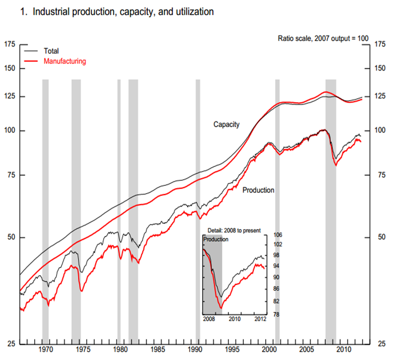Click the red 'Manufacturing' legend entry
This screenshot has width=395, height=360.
pos(64,61)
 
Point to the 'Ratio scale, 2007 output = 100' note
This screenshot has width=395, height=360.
pos(323,38)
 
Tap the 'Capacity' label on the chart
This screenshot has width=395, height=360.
pos(226,124)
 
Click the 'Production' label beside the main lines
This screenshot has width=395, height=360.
pos(258,190)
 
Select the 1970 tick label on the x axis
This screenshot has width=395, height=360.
pos(46,350)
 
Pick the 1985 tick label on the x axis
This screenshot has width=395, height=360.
pos(158,350)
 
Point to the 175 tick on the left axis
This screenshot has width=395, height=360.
pos(10,44)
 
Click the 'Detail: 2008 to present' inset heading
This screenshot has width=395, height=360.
pos(234,231)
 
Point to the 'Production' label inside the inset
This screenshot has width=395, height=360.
pos(215,239)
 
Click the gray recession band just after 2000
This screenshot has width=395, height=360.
pos(277,182)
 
